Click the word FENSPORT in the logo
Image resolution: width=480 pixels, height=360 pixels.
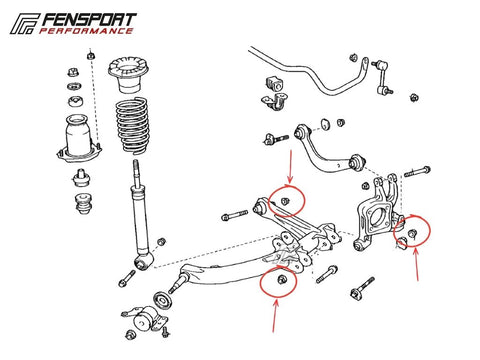click(89, 20)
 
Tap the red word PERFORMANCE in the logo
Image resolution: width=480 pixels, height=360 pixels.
click(86, 31)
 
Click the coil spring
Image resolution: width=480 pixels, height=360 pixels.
click(133, 126)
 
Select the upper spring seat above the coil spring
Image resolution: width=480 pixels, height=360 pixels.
click(128, 75)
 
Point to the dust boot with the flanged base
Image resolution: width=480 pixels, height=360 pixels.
click(79, 138)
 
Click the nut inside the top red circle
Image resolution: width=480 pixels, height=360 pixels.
click(285, 201)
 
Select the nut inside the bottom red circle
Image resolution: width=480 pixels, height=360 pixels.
click(281, 279)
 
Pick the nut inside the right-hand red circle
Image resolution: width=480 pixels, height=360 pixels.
click(412, 233)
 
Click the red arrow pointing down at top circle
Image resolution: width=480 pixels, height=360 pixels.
click(290, 167)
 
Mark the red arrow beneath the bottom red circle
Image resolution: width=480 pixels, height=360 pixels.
click(275, 316)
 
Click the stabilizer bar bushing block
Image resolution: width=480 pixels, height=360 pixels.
click(274, 84)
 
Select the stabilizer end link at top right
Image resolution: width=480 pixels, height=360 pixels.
click(383, 76)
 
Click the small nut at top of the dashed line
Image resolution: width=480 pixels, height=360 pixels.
click(90, 55)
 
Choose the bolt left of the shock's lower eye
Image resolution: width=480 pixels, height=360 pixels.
click(127, 279)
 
